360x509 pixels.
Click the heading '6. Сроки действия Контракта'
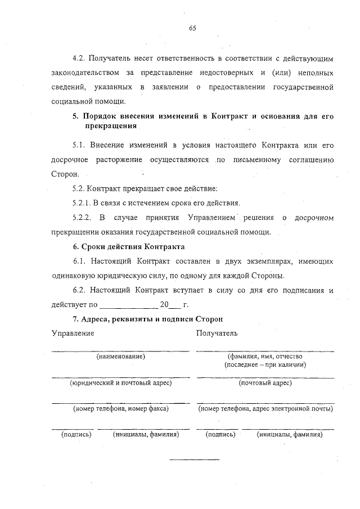tap(129, 246)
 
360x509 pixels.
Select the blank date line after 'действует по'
tap(128, 305)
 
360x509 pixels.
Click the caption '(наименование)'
tap(120, 357)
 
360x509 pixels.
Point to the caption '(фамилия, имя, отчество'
tap(265, 357)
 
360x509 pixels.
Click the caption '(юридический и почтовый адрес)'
tap(120, 383)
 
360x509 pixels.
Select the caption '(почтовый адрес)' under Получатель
tap(265, 383)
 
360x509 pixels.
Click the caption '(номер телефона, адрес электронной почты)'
tap(265, 409)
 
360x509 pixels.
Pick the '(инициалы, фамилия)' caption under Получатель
tap(289, 435)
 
